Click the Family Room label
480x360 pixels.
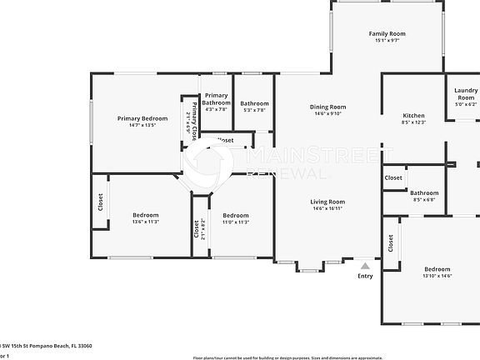point(386,34)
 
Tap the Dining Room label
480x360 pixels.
point(327,107)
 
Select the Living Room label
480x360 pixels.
point(327,202)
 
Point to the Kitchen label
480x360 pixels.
point(413,116)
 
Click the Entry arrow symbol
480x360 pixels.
point(365,265)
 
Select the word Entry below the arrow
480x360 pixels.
point(365,276)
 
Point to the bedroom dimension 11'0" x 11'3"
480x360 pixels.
point(236,222)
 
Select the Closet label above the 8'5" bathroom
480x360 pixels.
point(393,177)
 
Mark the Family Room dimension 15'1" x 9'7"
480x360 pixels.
point(386,41)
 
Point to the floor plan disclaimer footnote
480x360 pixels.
point(335,357)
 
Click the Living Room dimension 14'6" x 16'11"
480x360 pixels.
point(327,208)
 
